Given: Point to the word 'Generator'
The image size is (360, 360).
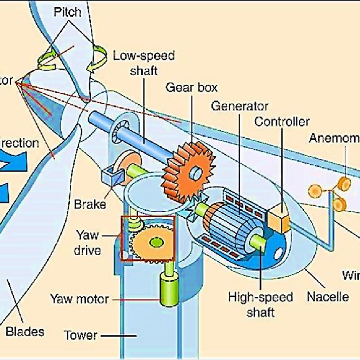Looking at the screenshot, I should click(x=239, y=106).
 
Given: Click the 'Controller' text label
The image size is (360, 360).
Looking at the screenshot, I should click(x=281, y=122).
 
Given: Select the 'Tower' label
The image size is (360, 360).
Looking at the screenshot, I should click(x=80, y=336).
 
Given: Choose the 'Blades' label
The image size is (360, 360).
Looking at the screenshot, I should click(x=24, y=331).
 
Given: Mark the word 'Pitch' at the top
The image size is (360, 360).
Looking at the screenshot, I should click(x=67, y=12).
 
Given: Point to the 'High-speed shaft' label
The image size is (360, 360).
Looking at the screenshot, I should click(x=251, y=304).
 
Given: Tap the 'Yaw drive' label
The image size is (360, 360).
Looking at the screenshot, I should click(x=88, y=243).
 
